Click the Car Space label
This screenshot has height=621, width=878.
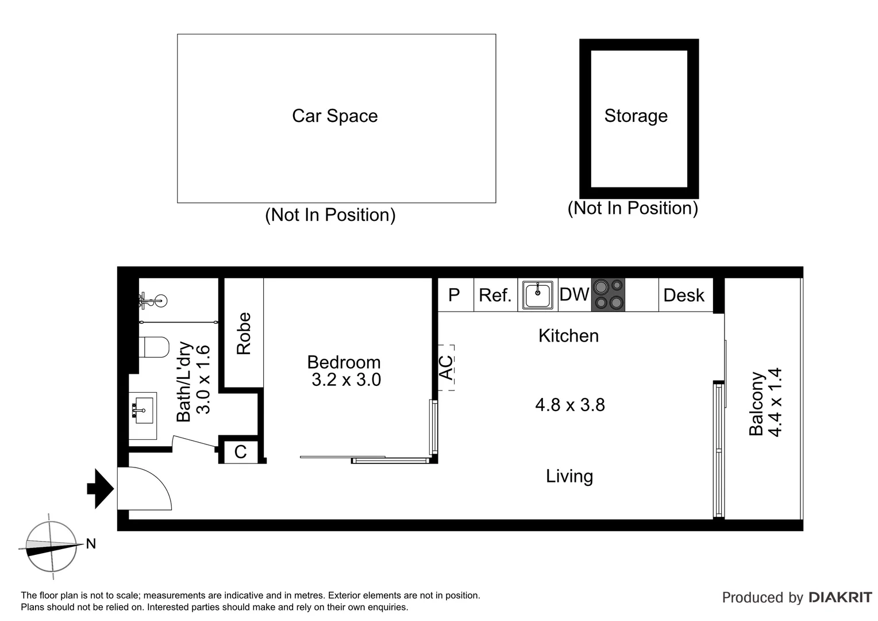(334, 116)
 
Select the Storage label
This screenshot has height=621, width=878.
(636, 116)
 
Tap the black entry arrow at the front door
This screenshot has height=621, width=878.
(101, 489)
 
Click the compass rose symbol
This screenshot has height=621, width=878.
(51, 546)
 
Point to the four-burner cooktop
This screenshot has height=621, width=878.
(608, 294)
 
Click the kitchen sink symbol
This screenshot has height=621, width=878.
(537, 295)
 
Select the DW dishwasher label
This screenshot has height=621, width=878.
(574, 294)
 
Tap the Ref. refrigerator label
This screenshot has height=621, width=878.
(495, 296)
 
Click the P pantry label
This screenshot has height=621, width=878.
(454, 295)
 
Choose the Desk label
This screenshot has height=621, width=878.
(683, 296)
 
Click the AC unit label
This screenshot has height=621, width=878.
(446, 368)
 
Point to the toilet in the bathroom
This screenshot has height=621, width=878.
(154, 347)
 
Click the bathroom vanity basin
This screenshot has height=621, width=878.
(142, 409)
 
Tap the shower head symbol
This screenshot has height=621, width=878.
(154, 299)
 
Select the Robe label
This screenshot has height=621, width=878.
(244, 333)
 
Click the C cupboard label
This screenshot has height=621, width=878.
(240, 452)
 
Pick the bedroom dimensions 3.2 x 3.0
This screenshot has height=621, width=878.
(346, 380)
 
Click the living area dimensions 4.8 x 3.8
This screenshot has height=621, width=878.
(569, 405)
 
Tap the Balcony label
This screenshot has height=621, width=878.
(756, 404)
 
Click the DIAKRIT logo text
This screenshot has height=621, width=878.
(840, 597)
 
